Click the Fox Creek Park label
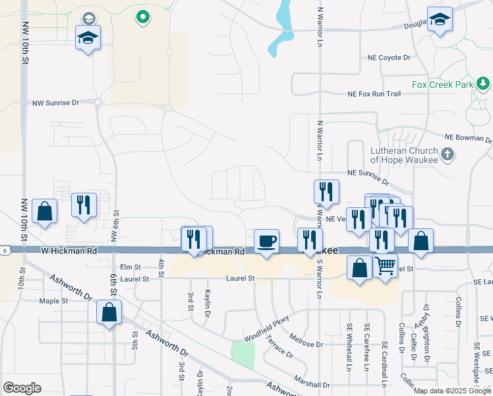pyautogui.click(x=442, y=85)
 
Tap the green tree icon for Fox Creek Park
pyautogui.click(x=484, y=84)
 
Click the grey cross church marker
pyautogui.click(x=448, y=154)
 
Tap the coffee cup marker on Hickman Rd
pyautogui.click(x=266, y=242)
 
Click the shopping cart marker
pyautogui.click(x=386, y=265)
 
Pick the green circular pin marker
pyautogui.click(x=142, y=17)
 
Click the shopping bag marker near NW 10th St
pyautogui.click(x=44, y=212)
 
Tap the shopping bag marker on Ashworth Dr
pyautogui.click(x=109, y=313)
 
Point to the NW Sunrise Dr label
pyautogui.click(x=55, y=103)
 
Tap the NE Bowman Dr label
pyautogui.click(x=468, y=137)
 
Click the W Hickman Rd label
pyautogui.click(x=69, y=251)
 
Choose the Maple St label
pyautogui.click(x=53, y=301)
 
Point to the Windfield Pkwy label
pyautogui.click(x=267, y=331)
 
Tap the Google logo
pyautogui.click(x=22, y=388)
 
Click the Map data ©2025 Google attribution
pyautogui.click(x=451, y=391)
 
